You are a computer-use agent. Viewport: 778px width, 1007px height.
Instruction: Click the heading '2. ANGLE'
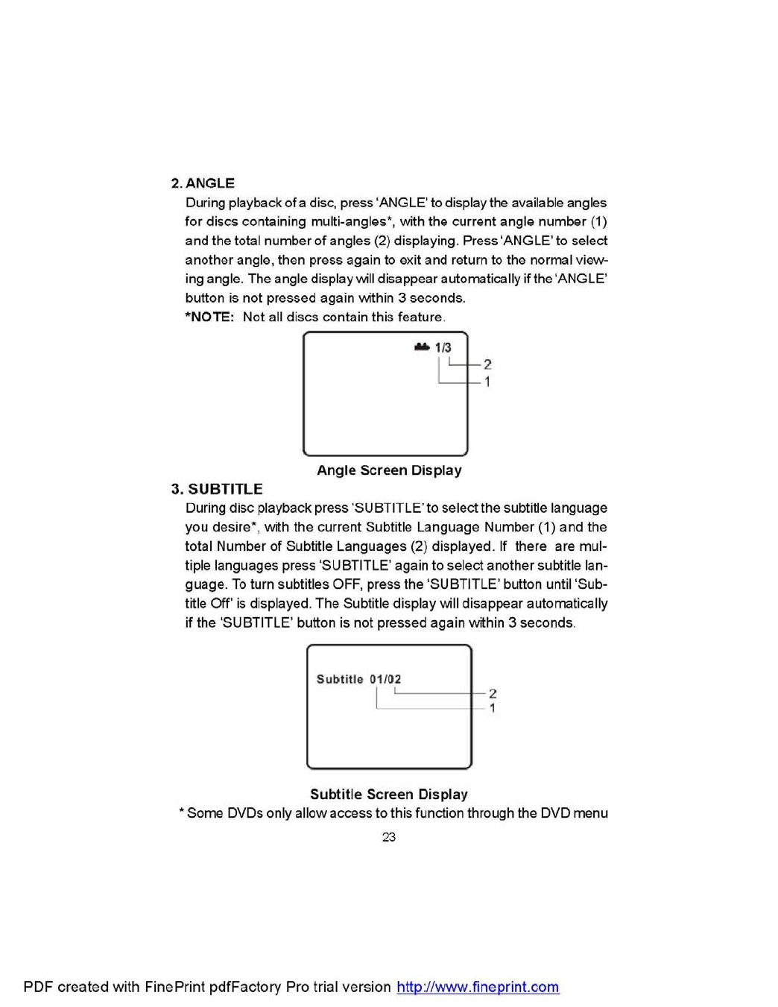click(x=203, y=183)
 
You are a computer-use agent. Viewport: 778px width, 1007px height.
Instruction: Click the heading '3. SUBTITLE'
click(x=217, y=489)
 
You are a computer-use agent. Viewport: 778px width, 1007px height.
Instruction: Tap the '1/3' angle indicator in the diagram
click(x=443, y=347)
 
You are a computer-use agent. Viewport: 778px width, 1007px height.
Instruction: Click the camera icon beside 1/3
click(x=423, y=347)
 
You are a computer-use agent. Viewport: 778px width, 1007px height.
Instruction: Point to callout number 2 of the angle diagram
click(x=487, y=364)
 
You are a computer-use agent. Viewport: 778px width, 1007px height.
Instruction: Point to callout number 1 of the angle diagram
click(x=487, y=382)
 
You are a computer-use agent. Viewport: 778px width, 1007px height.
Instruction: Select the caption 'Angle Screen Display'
click(x=389, y=470)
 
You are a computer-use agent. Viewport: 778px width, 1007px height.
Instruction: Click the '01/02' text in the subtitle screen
click(x=385, y=679)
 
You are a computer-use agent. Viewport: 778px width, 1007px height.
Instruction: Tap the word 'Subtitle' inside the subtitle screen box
click(x=340, y=679)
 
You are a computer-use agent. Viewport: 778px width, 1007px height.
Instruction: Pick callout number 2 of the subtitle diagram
click(x=493, y=694)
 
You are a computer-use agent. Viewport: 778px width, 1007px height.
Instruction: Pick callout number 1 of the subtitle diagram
click(x=493, y=708)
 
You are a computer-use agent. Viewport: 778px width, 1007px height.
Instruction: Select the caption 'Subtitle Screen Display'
click(x=389, y=795)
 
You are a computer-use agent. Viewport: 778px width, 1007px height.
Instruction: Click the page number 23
click(x=389, y=837)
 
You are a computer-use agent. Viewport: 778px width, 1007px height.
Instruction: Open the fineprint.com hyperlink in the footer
click(x=478, y=987)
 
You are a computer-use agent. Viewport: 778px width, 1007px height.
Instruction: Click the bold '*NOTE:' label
click(x=209, y=317)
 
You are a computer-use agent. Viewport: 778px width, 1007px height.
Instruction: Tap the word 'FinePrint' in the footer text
click(x=174, y=987)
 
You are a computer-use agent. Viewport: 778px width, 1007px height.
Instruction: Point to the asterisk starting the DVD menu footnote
click(x=182, y=812)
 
